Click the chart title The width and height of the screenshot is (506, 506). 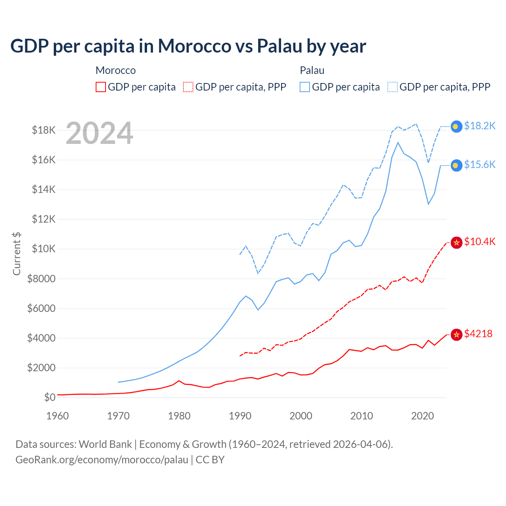pyautogui.click(x=188, y=46)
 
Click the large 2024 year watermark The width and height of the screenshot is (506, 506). pyautogui.click(x=99, y=133)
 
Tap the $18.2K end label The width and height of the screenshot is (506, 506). pyautogui.click(x=480, y=126)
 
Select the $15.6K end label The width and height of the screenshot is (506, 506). pyautogui.click(x=480, y=164)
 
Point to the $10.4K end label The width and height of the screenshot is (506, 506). pyautogui.click(x=480, y=242)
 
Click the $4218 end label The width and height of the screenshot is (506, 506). pyautogui.click(x=478, y=334)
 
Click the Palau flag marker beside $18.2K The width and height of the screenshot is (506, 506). pyautogui.click(x=457, y=126)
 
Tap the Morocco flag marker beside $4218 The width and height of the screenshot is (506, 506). pyautogui.click(x=457, y=334)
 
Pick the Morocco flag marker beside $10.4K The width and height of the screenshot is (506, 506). pyautogui.click(x=457, y=242)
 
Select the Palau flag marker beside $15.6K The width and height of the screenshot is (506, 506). pyautogui.click(x=457, y=165)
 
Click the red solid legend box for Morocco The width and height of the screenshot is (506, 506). pyautogui.click(x=101, y=87)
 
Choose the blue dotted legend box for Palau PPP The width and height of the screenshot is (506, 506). pyautogui.click(x=393, y=87)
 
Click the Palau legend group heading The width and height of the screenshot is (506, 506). pyautogui.click(x=312, y=70)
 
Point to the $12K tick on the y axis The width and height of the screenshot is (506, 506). pyautogui.click(x=43, y=219)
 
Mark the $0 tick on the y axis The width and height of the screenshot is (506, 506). pyautogui.click(x=49, y=397)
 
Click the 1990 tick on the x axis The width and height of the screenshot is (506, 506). pyautogui.click(x=240, y=416)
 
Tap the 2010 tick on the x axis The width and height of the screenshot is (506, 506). pyautogui.click(x=362, y=416)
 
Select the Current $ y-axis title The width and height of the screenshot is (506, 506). pyautogui.click(x=17, y=253)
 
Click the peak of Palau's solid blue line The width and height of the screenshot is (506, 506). pyautogui.click(x=398, y=142)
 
